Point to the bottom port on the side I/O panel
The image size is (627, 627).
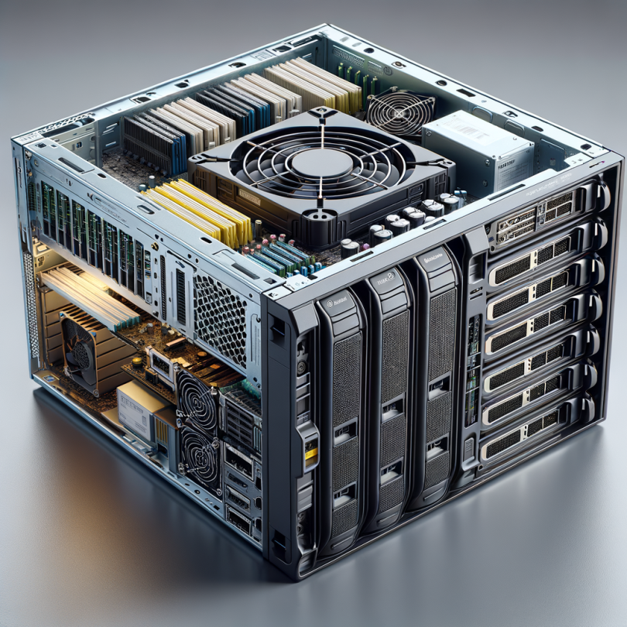click(x=238, y=520)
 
